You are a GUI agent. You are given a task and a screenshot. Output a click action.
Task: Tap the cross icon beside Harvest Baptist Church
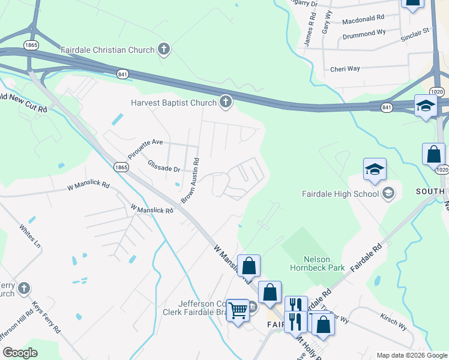tap(226, 103)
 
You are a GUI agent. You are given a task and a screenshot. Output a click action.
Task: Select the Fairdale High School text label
tap(340, 193)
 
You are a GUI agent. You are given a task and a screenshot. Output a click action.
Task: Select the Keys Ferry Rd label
tap(46, 317)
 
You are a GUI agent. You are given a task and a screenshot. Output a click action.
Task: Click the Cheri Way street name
tap(345, 69)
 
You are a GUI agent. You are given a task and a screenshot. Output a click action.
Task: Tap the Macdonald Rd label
tap(363, 20)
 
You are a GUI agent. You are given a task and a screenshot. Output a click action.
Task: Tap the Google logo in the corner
tap(20, 353)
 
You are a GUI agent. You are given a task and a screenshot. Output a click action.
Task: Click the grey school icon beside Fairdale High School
tap(388, 193)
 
